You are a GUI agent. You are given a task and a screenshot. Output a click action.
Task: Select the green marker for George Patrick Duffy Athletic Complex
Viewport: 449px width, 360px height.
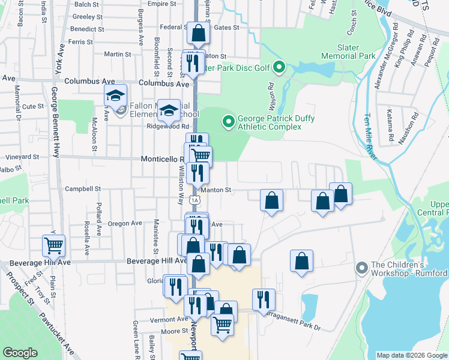point(228,122)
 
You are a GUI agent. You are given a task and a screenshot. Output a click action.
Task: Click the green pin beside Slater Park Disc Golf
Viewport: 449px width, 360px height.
point(279,68)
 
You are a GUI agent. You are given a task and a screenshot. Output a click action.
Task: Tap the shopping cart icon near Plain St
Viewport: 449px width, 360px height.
point(54,245)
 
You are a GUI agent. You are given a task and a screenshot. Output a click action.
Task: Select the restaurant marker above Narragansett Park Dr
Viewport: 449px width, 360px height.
point(264,299)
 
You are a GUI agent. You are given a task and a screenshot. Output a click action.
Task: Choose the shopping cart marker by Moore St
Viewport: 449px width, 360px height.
point(223,325)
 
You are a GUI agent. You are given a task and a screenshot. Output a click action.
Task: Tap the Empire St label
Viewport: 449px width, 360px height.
point(158,4)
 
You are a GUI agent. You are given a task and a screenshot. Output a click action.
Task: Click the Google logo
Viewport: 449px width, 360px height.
point(20,353)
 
